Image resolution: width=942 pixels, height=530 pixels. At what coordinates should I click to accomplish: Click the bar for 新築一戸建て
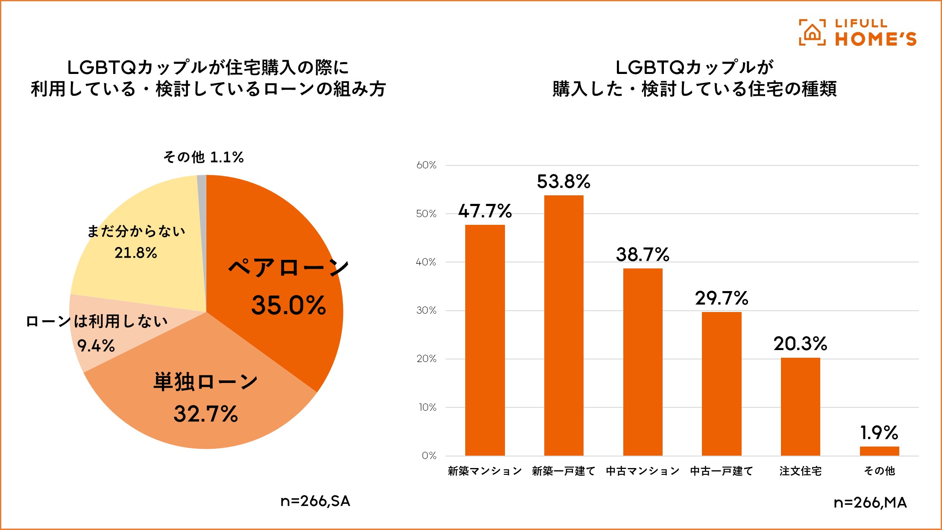[x=563, y=325]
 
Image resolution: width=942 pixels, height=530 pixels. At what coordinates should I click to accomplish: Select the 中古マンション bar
[x=643, y=362]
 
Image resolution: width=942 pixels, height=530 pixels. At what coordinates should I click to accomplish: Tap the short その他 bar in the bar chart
[x=879, y=451]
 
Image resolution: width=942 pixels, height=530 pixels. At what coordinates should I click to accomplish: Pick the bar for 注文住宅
[x=800, y=406]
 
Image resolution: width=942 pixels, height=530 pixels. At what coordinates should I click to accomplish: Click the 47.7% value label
[x=485, y=211]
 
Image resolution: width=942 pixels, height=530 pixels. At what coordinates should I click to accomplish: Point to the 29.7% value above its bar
[x=722, y=298]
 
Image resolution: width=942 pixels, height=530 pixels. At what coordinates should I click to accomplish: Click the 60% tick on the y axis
[x=426, y=165]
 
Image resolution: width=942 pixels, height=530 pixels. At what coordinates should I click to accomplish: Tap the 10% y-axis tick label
[x=427, y=407]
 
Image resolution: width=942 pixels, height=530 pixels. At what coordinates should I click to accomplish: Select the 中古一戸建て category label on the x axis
[x=722, y=471]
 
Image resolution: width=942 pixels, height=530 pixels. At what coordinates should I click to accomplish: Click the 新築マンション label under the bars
[x=485, y=471]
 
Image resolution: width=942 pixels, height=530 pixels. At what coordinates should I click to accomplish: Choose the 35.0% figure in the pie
[x=289, y=306]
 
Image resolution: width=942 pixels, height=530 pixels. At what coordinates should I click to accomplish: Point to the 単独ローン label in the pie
[x=205, y=382]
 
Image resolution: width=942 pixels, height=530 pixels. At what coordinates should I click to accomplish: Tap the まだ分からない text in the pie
[x=136, y=231]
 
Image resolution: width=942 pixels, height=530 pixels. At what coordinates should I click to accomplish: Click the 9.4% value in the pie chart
[x=96, y=345]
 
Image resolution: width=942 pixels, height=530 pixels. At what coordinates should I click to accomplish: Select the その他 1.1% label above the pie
[x=203, y=157]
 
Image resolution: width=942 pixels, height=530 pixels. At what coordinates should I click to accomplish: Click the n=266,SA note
[x=315, y=501]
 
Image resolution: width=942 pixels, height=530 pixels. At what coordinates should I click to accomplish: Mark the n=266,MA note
[x=870, y=503]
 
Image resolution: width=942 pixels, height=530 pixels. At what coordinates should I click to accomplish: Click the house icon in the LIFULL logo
[x=812, y=32]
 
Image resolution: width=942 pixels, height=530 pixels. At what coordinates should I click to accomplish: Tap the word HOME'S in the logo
[x=876, y=39]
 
